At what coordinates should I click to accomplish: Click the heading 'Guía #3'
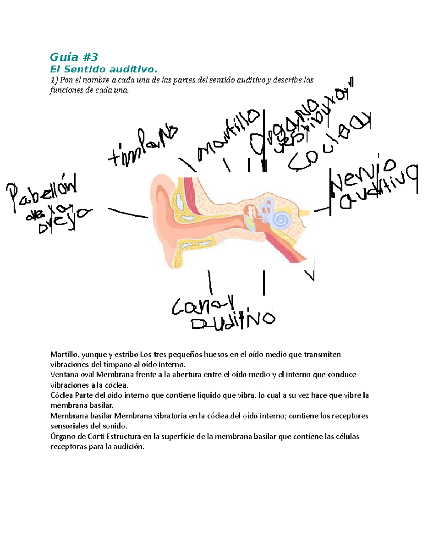pyautogui.click(x=74, y=57)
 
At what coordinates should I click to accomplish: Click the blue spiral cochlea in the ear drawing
pyautogui.click(x=282, y=219)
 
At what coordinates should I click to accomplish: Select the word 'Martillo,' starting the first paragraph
pyautogui.click(x=65, y=354)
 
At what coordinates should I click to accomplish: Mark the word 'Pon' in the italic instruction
pyautogui.click(x=66, y=80)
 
